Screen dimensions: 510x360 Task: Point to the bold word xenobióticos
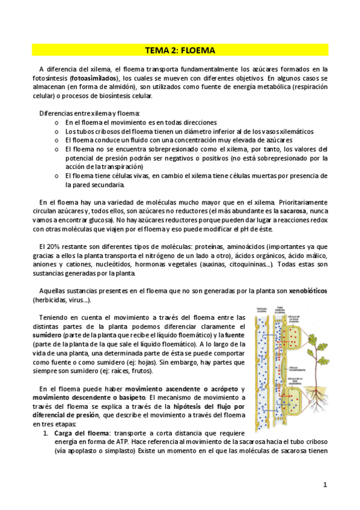pyautogui.click(x=308, y=291)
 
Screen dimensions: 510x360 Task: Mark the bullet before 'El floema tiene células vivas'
pyautogui.click(x=56, y=176)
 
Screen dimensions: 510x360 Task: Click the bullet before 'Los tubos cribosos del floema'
pyautogui.click(x=56, y=131)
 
